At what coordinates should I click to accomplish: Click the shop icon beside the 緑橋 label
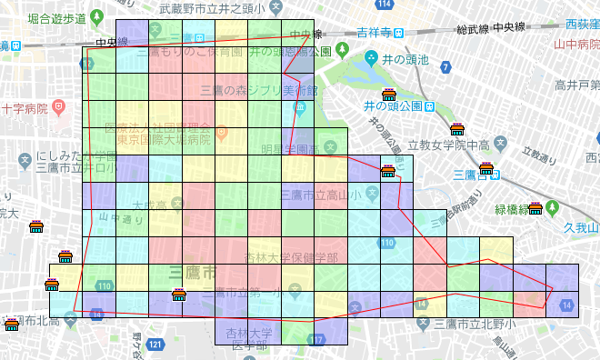click(535, 208)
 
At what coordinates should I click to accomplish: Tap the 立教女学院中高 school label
click(448, 145)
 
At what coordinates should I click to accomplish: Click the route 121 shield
click(156, 345)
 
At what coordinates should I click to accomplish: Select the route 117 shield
click(316, 340)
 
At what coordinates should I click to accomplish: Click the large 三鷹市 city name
click(192, 271)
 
